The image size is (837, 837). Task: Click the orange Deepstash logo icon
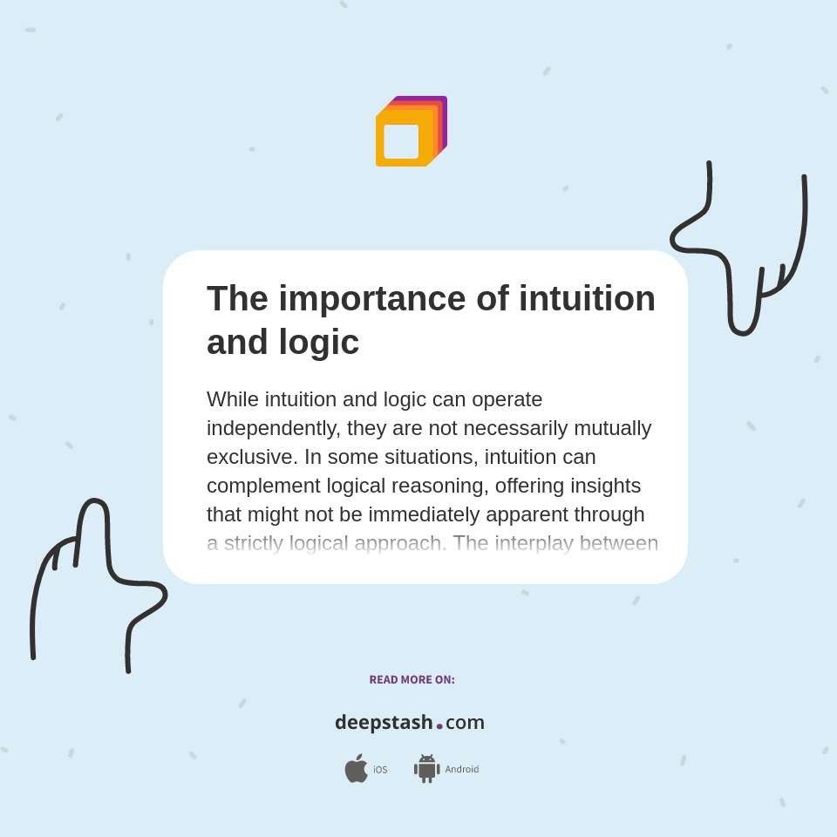[411, 132]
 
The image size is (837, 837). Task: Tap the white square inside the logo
[401, 141]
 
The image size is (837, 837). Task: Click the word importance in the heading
[372, 299]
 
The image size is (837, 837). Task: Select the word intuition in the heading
[587, 299]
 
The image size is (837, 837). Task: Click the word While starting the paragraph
[233, 399]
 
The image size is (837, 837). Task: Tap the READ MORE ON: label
[412, 680]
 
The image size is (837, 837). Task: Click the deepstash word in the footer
[384, 723]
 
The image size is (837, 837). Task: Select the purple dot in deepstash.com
[439, 725]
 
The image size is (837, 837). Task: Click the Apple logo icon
[356, 769]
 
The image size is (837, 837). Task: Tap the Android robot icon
[426, 769]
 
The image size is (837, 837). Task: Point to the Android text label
[461, 769]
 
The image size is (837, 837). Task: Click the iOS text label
[380, 770]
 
